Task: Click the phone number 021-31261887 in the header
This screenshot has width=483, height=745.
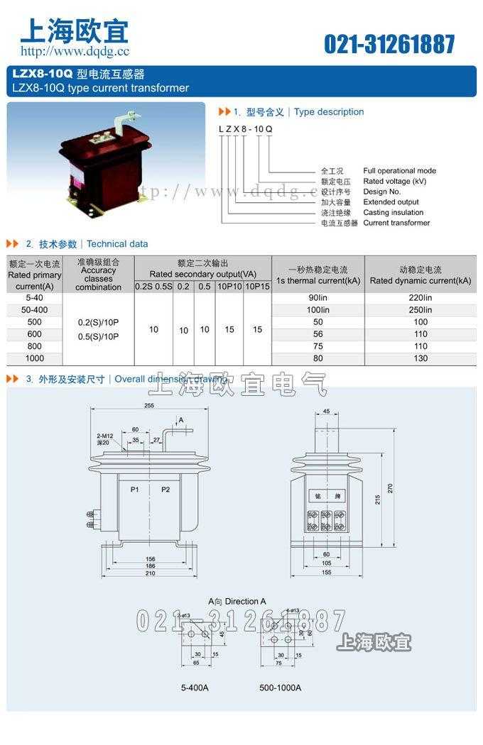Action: tap(389, 44)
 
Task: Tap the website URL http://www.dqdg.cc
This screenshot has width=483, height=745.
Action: tap(75, 51)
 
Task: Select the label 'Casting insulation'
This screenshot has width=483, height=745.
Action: tap(393, 212)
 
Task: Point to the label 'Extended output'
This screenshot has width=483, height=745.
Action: tap(391, 202)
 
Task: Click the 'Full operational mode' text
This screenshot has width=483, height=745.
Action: tap(399, 170)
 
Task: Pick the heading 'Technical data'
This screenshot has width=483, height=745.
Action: tap(117, 244)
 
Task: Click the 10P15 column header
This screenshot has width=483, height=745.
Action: tap(257, 287)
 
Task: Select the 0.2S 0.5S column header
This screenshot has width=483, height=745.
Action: tap(153, 287)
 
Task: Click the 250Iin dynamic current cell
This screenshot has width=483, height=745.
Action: tap(420, 310)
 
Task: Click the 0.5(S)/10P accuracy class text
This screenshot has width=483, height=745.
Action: tap(98, 336)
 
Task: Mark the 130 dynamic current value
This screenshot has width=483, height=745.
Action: tap(420, 358)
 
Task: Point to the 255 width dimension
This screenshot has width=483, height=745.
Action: tap(149, 406)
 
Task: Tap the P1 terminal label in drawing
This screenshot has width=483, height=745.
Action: tap(134, 490)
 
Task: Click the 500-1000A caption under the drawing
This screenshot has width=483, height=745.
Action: tap(280, 688)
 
